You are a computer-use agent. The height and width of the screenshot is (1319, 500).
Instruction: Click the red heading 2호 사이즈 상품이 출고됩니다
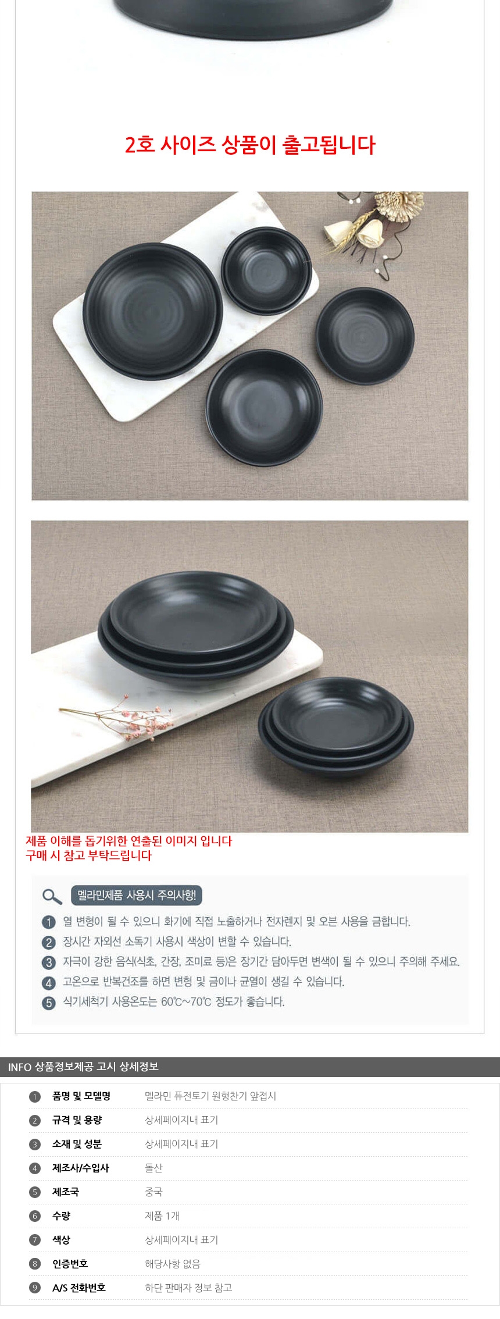pos(250,145)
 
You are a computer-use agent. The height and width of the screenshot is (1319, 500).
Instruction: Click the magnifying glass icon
pos(52,896)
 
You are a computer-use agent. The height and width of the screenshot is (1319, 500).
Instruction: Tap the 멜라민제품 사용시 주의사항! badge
pos(137,895)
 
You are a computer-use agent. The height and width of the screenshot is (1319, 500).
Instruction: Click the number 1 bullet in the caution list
pos(49,922)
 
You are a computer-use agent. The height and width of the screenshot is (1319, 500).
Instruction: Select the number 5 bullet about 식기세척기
pos(49,1003)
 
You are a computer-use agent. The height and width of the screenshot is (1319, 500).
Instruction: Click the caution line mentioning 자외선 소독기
pos(177,942)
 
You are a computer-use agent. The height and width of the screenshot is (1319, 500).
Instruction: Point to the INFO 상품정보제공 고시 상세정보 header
pos(83,1067)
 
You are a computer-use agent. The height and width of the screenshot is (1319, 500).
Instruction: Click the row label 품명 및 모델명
pos(81,1096)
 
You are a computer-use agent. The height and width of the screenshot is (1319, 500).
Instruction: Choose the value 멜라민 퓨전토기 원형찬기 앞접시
pos(210,1096)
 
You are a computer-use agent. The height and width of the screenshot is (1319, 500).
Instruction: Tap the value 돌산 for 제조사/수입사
pos(153,1168)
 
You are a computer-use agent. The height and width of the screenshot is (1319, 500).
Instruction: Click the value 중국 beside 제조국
pos(153,1192)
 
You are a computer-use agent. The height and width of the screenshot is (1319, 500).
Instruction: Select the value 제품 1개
pos(162,1215)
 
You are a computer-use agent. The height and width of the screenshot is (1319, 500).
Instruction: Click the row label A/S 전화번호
pos(79,1288)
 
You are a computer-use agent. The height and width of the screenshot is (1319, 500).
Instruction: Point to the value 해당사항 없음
pos(173,1264)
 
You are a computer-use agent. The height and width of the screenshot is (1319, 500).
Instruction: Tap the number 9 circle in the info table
pos(35,1288)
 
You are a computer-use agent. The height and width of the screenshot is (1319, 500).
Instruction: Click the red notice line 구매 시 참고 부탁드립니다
pos(88,855)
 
